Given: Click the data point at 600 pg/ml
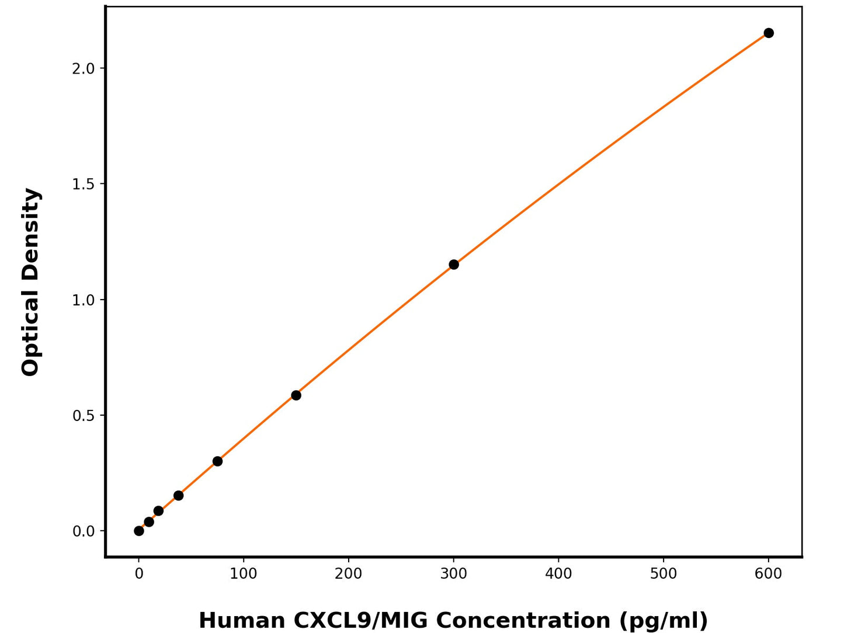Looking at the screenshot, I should [x=769, y=33].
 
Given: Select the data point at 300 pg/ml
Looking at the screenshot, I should [x=454, y=265].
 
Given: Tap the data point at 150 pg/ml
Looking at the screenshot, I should [x=296, y=395].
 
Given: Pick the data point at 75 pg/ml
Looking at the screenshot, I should [x=217, y=461].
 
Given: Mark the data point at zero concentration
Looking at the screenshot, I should [x=139, y=531].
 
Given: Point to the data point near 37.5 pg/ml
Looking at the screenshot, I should [x=178, y=496].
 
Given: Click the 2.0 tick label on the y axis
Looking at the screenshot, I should [x=83, y=68].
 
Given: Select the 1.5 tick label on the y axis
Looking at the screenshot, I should [x=83, y=184].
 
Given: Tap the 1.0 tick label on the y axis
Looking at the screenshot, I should [x=83, y=300].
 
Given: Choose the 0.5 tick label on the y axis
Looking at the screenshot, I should [x=83, y=416].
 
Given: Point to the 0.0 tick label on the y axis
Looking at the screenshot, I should [x=83, y=531].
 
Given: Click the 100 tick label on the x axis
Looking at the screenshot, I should [x=244, y=574].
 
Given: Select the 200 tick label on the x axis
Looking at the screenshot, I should [x=349, y=574].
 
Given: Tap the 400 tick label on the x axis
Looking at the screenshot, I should [x=558, y=574].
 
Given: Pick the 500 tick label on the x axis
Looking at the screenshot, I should [x=664, y=574].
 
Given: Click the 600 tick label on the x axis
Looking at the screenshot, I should [x=769, y=574].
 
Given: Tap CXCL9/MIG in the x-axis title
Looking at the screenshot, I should [x=361, y=620].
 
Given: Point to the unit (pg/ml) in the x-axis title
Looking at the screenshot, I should [x=663, y=620].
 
